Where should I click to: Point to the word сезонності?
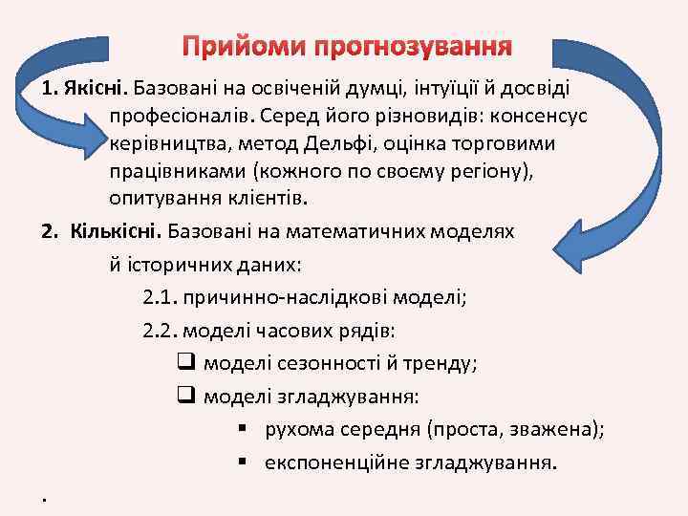(312, 363)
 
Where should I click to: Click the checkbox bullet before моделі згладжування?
(186, 396)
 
